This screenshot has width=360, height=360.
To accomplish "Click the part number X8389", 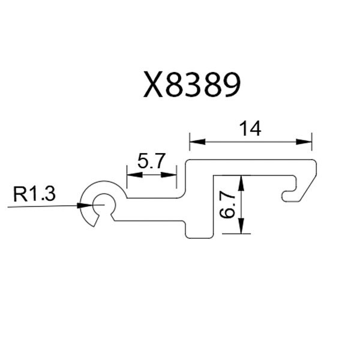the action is tap(192, 85).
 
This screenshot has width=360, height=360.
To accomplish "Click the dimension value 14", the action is tap(250, 129).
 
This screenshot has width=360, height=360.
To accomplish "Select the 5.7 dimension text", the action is tap(151, 161).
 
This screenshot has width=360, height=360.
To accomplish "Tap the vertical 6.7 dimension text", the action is tap(227, 205).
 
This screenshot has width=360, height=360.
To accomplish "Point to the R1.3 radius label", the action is tap(34, 194).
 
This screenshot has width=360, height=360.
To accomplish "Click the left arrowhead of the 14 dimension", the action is tap(197, 142).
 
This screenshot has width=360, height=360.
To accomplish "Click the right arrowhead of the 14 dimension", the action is tap(304, 142).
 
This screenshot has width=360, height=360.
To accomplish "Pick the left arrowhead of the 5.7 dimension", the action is tap(134, 175).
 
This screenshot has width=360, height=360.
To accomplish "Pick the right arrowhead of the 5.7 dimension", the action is tap(169, 175).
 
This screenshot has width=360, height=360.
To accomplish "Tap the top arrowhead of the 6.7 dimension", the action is tap(241, 183).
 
